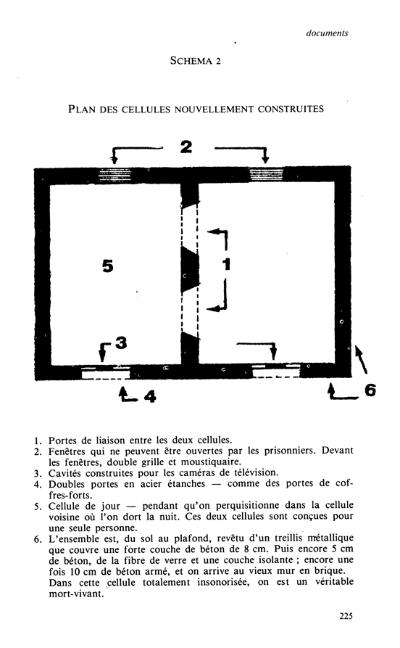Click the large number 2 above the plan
tap(186, 147)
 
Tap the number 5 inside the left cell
tap(108, 266)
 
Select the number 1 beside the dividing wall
tap(226, 264)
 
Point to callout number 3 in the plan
tap(121, 343)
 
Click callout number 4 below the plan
tap(150, 397)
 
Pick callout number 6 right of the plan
tap(370, 390)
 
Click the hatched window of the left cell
tap(114, 175)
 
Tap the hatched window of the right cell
tap(267, 174)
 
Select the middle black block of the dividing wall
tap(190, 270)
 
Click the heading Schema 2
tap(196, 61)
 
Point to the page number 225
tap(346, 616)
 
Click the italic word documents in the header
tap(327, 33)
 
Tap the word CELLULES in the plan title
tap(146, 109)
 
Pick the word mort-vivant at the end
tap(76, 594)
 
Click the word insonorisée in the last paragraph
tap(223, 582)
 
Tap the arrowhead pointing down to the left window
tap(114, 160)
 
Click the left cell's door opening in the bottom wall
tap(106, 372)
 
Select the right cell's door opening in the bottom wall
tap(276, 371)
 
